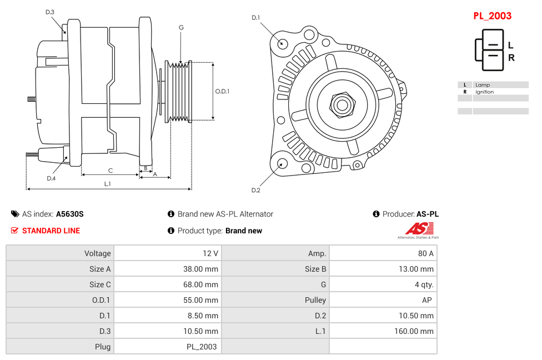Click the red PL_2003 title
[x=492, y=16]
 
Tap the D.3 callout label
[x=50, y=12]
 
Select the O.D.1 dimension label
[x=222, y=91]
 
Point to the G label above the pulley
[x=181, y=27]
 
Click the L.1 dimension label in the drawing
[x=108, y=184]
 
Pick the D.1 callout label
[x=255, y=18]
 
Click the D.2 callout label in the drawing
[x=255, y=190]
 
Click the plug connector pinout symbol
[x=489, y=49]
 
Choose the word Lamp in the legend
[x=483, y=85]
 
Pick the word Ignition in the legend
[x=484, y=92]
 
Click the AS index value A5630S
[x=69, y=214]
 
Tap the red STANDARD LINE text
[x=51, y=231]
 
